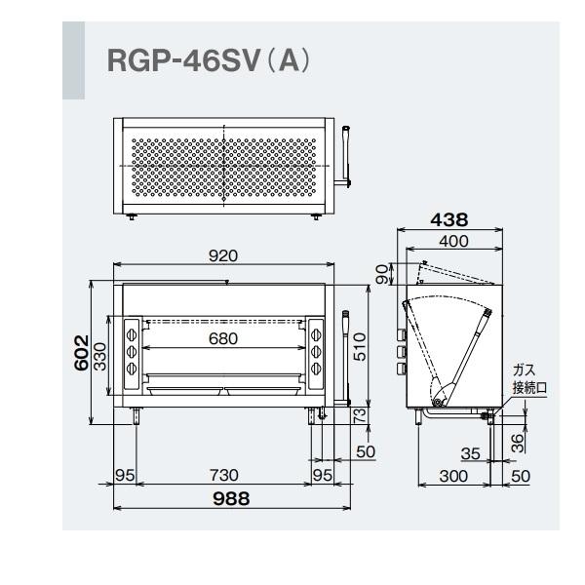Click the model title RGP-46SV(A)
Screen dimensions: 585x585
click(208, 60)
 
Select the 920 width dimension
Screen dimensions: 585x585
click(224, 255)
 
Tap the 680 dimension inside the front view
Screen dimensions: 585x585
click(224, 338)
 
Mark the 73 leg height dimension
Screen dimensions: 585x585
click(360, 415)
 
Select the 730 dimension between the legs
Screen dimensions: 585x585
click(224, 475)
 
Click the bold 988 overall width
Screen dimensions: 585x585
click(230, 498)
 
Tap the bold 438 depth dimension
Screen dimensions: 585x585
click(450, 221)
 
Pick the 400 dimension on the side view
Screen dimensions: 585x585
click(452, 241)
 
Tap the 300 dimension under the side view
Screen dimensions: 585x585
click(452, 475)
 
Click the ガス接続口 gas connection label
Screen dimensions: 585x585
click(529, 379)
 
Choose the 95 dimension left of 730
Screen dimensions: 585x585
click(124, 475)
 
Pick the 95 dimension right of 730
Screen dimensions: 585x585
click(324, 475)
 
